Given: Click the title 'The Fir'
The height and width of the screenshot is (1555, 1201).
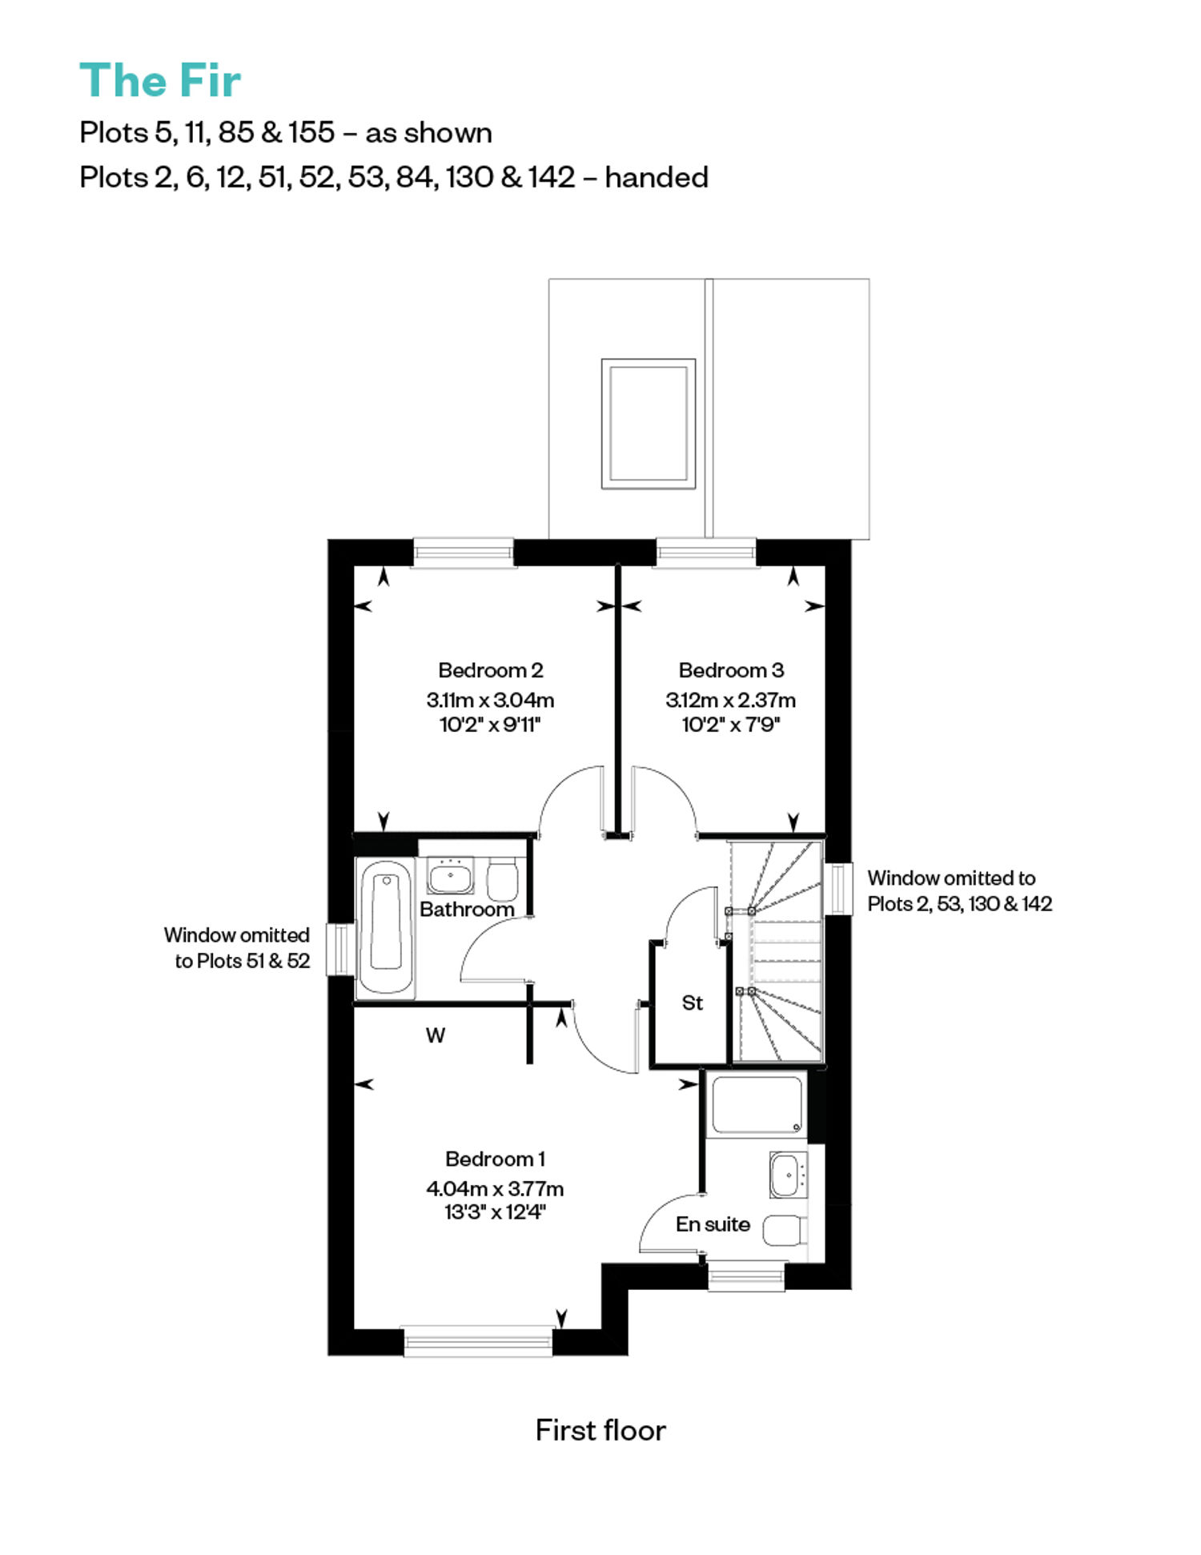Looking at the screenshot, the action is pos(160,81).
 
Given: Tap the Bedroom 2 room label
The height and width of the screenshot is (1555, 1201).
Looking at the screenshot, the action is pos(491,670).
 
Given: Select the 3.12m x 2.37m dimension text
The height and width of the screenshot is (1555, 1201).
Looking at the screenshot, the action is pos(730,700).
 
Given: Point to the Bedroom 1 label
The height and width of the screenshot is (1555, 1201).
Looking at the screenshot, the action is pos(495,1159).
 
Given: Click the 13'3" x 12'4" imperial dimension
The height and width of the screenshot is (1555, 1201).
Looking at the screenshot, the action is pos(495,1212).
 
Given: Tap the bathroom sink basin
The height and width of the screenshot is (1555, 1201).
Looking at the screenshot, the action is pos(450,876).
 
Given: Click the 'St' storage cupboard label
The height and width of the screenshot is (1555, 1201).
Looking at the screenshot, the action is pos(693,1003).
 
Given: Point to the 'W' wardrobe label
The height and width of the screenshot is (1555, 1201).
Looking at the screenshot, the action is pos(436,1035).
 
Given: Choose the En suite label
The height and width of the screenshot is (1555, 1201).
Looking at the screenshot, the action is pos(713,1224).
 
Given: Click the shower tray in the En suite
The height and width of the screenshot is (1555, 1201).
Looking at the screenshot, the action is pos(757,1105).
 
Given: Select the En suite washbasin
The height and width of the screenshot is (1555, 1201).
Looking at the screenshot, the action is pos(789,1175).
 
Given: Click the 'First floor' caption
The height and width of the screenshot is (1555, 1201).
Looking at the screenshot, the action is pos(600,1431).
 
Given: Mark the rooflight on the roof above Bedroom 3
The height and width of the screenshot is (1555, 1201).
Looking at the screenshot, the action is pos(649,424).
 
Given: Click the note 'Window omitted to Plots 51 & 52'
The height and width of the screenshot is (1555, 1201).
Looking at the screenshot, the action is pos(237,948).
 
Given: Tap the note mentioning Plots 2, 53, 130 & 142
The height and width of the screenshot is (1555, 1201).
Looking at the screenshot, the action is pos(959,891).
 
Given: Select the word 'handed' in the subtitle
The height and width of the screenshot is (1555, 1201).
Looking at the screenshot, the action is pos(657,177).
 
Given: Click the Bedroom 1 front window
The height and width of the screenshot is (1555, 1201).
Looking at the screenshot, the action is pos(478,1341).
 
